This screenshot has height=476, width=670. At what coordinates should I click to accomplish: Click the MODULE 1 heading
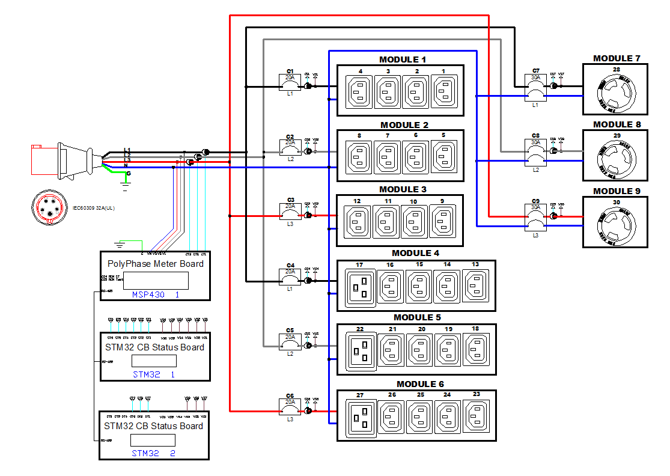pyautogui.click(x=403, y=59)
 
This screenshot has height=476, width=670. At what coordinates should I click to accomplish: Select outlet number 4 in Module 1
pyautogui.click(x=360, y=92)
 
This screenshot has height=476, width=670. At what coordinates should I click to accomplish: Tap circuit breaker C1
pyautogui.click(x=290, y=82)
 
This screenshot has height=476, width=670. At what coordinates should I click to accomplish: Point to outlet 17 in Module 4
pyautogui.click(x=360, y=288)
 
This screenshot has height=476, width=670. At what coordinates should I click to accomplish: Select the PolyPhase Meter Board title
pyautogui.click(x=155, y=264)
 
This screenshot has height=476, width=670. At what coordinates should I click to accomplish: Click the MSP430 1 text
pyautogui.click(x=156, y=295)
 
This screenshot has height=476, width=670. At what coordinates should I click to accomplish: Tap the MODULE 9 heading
pyautogui.click(x=617, y=191)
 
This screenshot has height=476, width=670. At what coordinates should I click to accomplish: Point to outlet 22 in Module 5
pyautogui.click(x=360, y=352)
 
